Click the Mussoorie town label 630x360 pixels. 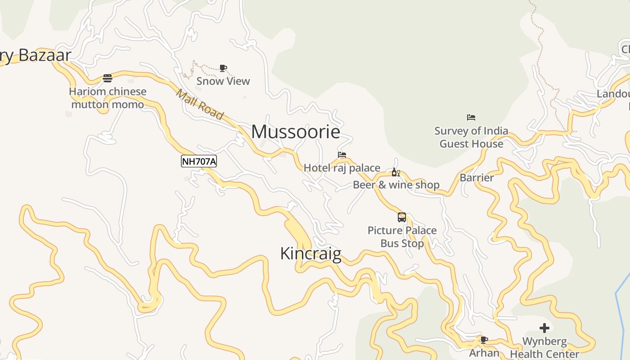point(296,132)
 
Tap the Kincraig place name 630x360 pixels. point(310,254)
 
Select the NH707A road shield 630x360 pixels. point(199,161)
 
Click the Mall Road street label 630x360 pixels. point(199,104)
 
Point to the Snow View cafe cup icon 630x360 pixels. point(223,68)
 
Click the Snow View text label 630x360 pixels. point(223,81)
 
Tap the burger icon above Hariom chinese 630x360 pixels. point(107,78)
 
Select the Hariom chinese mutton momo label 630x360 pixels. point(108,98)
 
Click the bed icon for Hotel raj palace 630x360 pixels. point(342,155)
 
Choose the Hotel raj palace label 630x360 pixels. point(342,168)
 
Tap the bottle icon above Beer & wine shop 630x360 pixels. point(396,172)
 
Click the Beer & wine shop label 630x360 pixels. point(396,184)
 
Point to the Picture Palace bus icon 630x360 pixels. point(402,217)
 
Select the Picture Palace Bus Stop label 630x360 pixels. point(402,237)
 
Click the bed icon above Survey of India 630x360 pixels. point(471,117)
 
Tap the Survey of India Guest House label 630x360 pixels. point(471,137)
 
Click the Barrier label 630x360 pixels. point(477,178)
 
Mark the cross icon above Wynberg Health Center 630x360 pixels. point(544,328)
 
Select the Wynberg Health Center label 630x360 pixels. point(544,347)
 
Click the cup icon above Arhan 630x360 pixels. point(484,340)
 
